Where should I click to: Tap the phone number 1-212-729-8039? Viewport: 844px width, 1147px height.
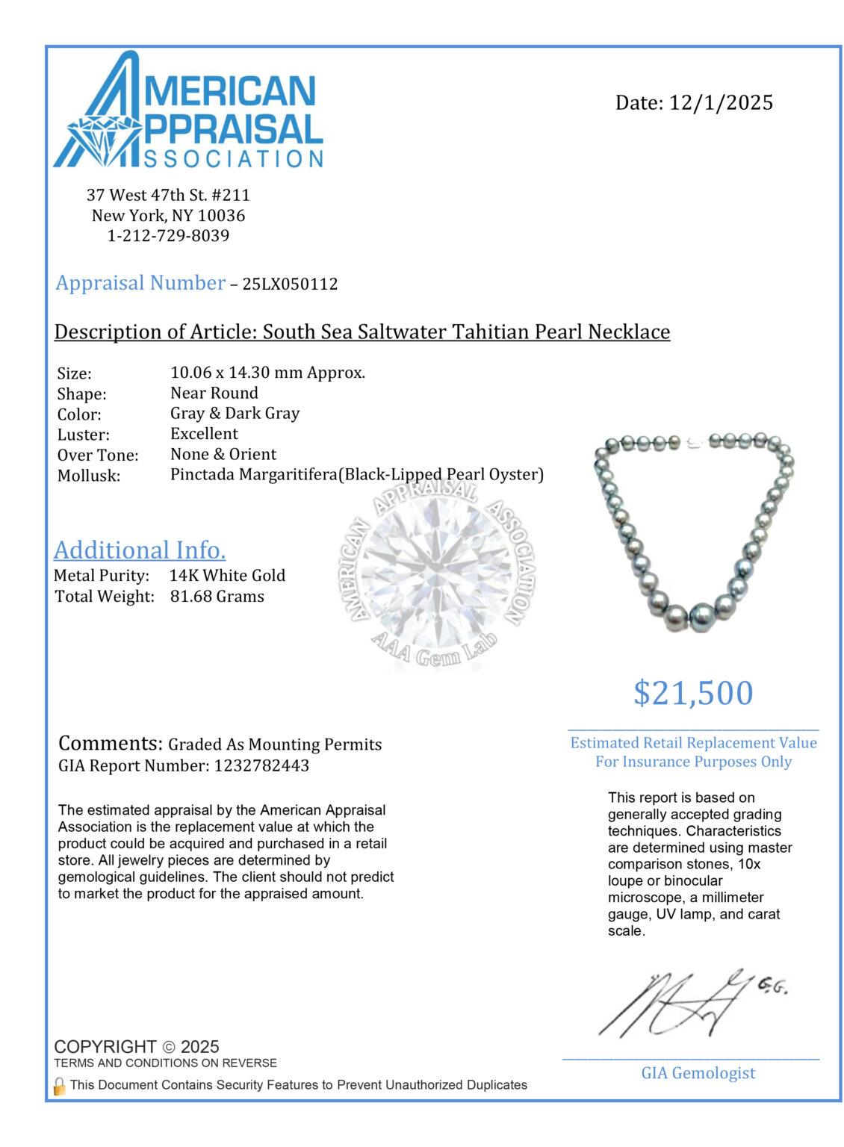coord(168,236)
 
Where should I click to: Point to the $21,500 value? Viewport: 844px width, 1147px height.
coord(693,693)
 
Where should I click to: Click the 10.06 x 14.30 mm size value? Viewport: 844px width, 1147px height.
coord(267,373)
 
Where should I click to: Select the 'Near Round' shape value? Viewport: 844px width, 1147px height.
coord(214,393)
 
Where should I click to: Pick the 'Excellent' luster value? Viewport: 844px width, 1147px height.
coord(204,434)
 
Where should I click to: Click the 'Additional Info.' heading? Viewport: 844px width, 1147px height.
coord(140,550)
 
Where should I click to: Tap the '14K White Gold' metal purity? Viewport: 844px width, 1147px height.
coord(228,576)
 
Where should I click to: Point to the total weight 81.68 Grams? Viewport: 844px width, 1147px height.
coord(217,596)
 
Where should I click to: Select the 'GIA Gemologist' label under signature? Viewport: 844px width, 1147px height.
coord(698,1073)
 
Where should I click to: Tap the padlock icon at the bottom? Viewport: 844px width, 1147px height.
coord(60,1085)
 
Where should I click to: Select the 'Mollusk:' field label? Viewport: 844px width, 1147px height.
coord(89,475)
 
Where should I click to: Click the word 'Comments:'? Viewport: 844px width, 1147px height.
coord(110,744)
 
